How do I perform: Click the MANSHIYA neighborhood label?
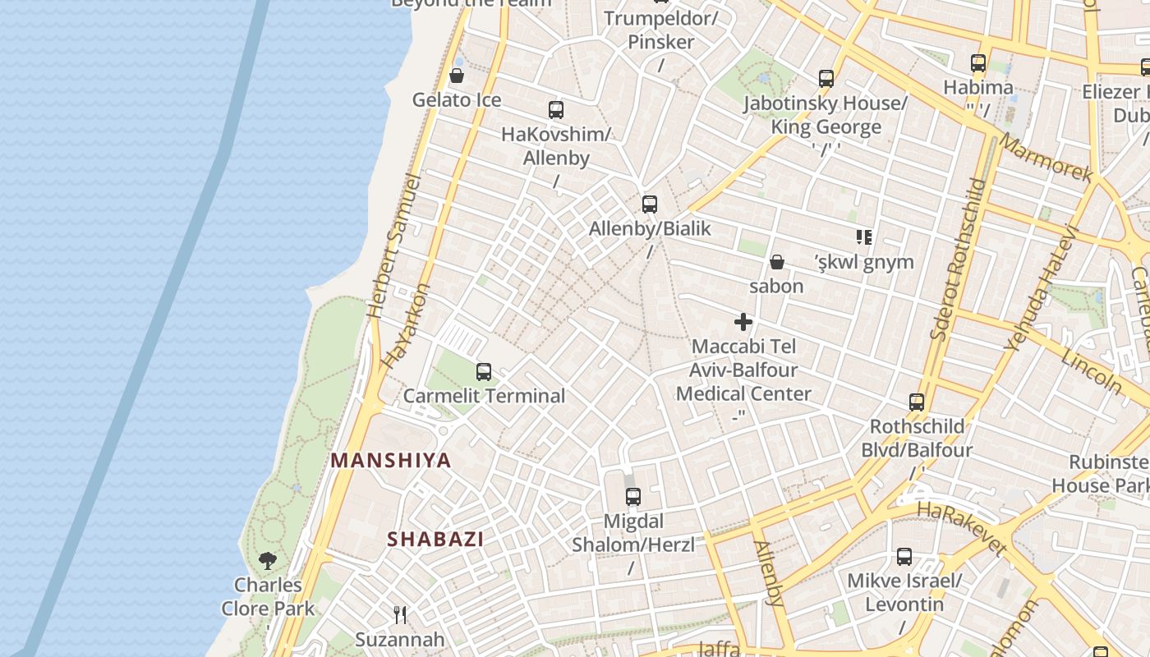pos(391,461)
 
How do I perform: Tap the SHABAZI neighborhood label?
pos(435,540)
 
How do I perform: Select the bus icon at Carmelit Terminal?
pos(484,372)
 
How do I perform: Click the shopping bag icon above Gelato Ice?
pos(457,76)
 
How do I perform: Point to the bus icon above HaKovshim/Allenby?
pos(556,110)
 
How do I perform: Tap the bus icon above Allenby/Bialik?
pos(650,204)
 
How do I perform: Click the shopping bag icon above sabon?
pos(776,263)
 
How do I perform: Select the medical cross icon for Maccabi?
pos(743,322)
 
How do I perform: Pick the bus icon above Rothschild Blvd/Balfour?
pos(917,402)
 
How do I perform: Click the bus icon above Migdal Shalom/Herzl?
pos(632,497)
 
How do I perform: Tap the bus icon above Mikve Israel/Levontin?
pos(904,557)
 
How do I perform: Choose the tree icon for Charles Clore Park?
pos(267,561)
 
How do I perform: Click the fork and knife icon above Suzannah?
pos(400,615)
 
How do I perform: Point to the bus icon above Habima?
pos(978,63)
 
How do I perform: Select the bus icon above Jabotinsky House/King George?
pos(826,79)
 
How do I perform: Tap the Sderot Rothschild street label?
pos(958,259)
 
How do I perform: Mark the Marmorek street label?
pos(1046,158)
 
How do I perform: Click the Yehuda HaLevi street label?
pos(1040,287)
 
